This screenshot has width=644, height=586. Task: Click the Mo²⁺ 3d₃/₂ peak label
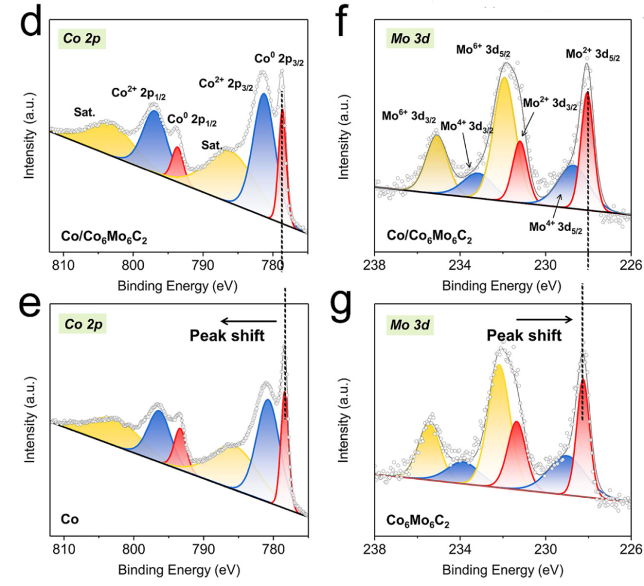coord(550,103)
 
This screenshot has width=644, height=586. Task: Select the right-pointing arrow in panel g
coord(544,320)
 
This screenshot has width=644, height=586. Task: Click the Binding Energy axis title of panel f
coord(502,286)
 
